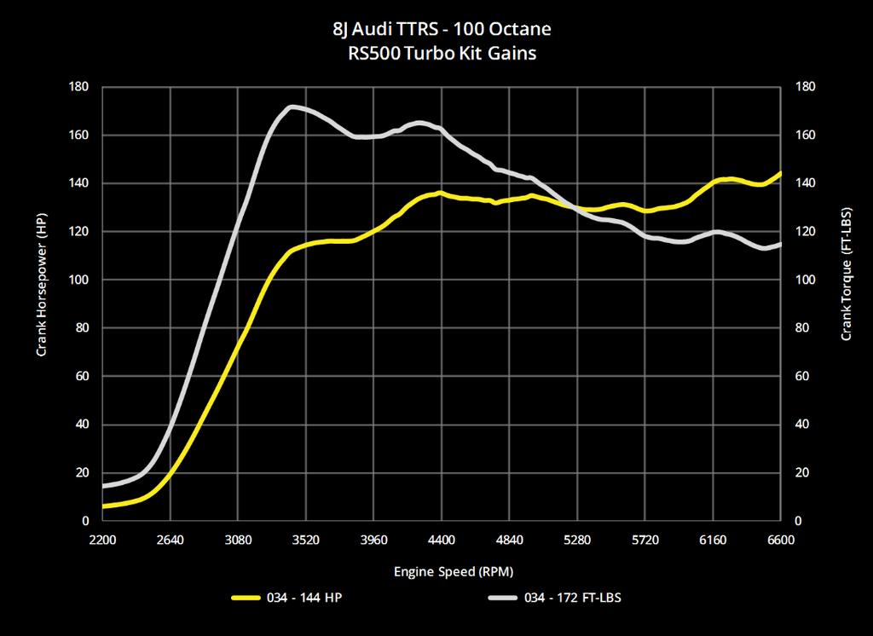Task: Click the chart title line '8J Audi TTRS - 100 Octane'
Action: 442,29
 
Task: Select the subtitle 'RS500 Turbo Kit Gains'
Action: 442,53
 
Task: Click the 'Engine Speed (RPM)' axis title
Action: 442,570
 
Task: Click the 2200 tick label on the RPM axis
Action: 102,540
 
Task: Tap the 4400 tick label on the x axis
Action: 442,540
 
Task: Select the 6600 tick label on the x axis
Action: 780,540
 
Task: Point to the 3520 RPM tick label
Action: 305,540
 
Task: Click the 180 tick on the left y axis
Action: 79,87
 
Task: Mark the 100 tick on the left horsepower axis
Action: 79,280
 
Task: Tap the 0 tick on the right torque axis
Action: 798,521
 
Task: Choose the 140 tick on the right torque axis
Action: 804,183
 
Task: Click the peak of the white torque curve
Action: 291,107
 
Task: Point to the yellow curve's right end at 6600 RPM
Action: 780,174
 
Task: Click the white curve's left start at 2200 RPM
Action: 103,486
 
